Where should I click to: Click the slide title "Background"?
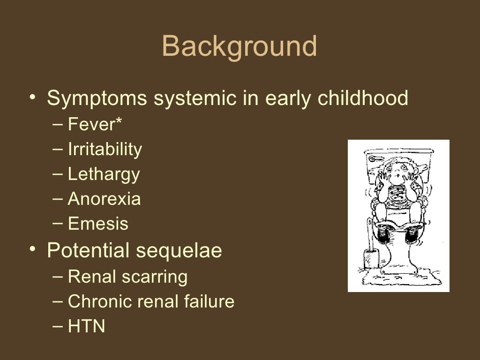[240, 47]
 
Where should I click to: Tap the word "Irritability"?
[105, 149]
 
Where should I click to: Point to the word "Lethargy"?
[104, 174]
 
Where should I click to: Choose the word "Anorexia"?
[104, 199]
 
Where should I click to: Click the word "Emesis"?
[98, 224]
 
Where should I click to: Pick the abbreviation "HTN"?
[86, 326]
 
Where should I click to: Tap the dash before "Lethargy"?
[58, 173]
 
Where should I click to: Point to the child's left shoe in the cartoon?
[412, 233]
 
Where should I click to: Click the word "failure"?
[211, 301]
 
